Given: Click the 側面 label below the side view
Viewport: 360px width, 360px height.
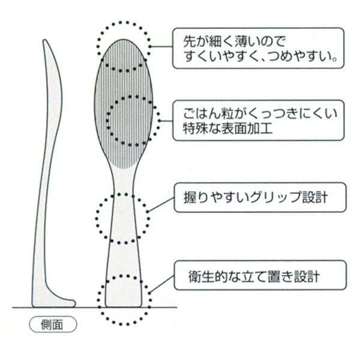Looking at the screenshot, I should [53, 325].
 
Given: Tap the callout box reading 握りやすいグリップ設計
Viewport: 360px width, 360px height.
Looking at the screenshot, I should [259, 197].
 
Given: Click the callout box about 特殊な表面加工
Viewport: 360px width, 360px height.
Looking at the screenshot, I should [259, 120].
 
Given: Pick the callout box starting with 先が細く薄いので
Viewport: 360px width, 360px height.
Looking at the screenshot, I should [259, 49].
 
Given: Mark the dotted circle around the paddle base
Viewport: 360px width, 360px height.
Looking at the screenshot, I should [124, 298].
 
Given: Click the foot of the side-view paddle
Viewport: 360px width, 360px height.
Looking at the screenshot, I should [66, 302].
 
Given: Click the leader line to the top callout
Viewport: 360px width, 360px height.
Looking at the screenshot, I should [160, 46].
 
